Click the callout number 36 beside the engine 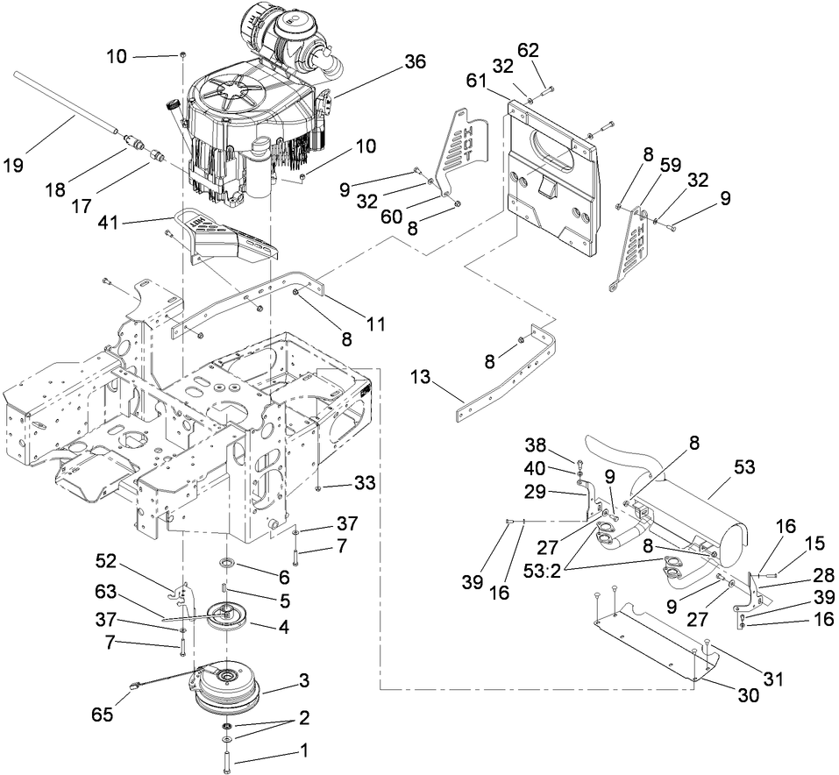(415, 61)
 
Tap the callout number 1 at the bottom (304, 751)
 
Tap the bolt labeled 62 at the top (548, 89)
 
